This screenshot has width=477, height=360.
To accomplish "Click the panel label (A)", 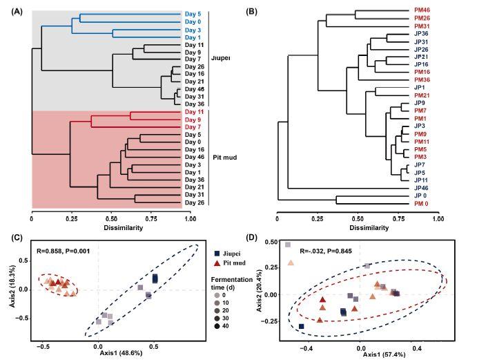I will [14, 6].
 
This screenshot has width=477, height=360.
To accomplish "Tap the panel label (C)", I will [14, 238].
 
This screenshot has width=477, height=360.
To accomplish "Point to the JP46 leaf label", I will [422, 188].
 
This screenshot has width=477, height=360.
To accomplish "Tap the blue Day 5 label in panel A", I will [194, 14].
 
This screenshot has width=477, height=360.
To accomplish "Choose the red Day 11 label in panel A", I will [194, 111].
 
